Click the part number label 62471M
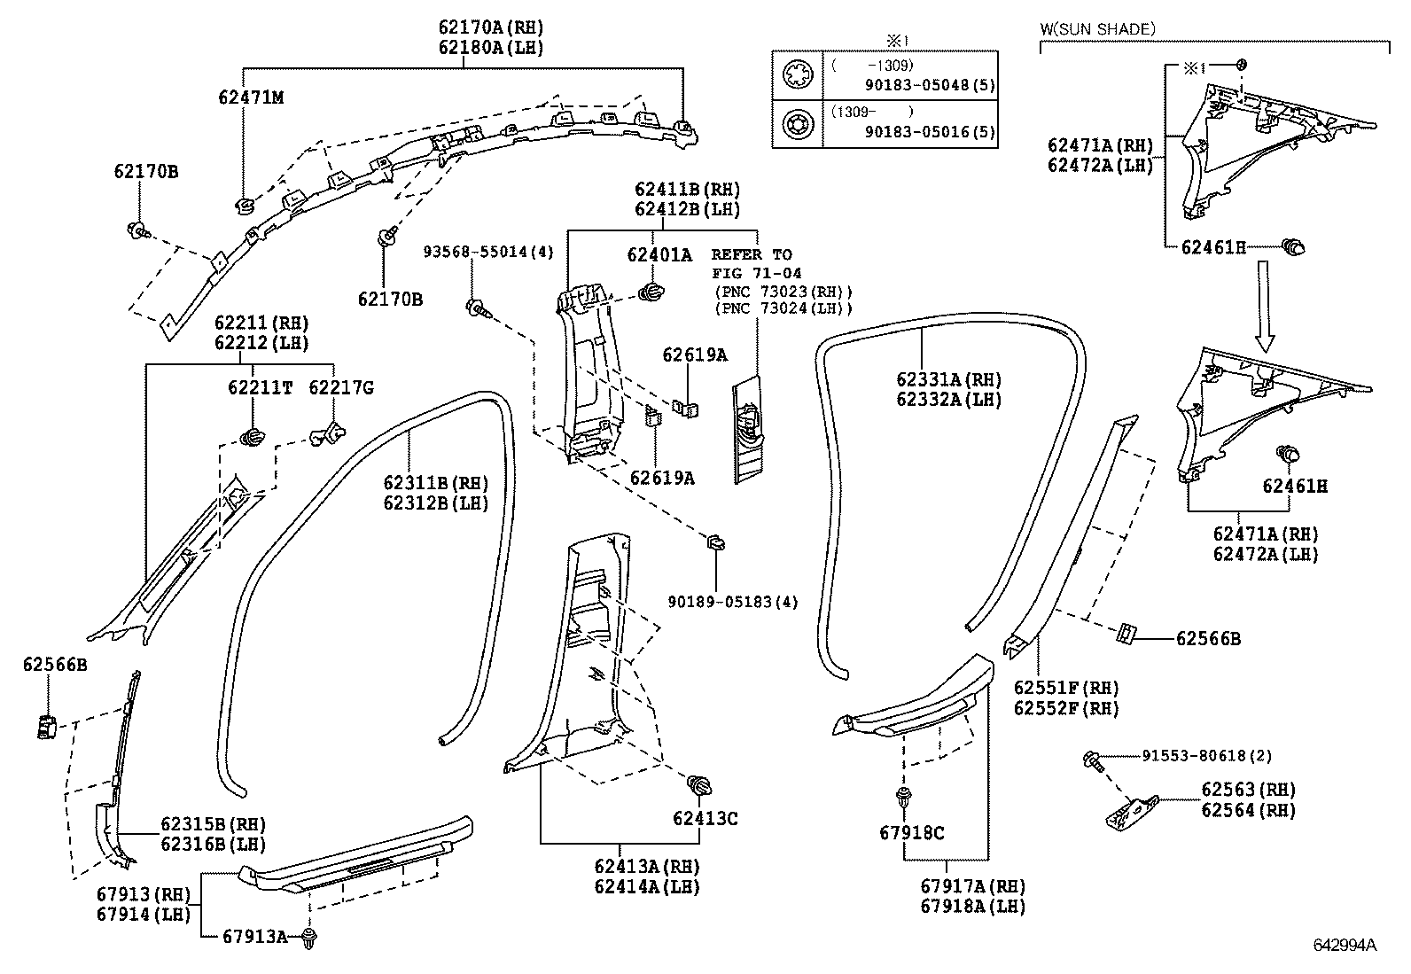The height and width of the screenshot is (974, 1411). click(251, 97)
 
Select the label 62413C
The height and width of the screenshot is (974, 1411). click(705, 818)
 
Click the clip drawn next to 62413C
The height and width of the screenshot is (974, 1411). click(700, 785)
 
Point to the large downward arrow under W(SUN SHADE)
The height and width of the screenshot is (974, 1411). click(1265, 306)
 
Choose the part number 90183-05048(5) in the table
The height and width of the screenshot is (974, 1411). click(930, 85)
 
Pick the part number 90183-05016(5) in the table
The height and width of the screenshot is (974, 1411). click(930, 133)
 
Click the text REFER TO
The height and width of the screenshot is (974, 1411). click(752, 254)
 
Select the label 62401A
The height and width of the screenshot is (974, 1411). click(659, 255)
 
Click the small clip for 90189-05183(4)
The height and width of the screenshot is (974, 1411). click(715, 542)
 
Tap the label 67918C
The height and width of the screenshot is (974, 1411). click(912, 833)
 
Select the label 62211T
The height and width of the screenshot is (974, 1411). click(260, 387)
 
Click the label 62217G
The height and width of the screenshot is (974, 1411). click(340, 387)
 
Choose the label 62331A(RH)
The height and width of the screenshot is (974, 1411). click(948, 379)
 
